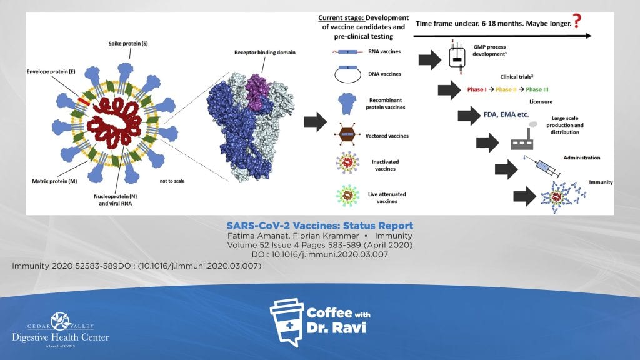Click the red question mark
[x=577, y=21]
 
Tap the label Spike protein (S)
[x=128, y=43]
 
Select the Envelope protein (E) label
[x=51, y=71]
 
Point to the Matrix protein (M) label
[x=54, y=181]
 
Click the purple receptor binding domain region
[x=257, y=91]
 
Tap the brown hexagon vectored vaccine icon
[x=347, y=134]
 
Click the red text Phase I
[x=477, y=89]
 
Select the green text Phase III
[x=537, y=89]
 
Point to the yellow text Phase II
[x=506, y=89]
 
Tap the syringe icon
[x=542, y=166]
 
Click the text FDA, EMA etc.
[x=506, y=114]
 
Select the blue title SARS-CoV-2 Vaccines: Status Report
[x=319, y=226]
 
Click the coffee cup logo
[x=287, y=322]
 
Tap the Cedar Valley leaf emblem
[x=61, y=321]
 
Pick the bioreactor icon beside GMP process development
[x=457, y=57]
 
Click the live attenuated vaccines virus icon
[x=347, y=196]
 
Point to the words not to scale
[x=172, y=181]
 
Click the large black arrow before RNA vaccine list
[x=316, y=122]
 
